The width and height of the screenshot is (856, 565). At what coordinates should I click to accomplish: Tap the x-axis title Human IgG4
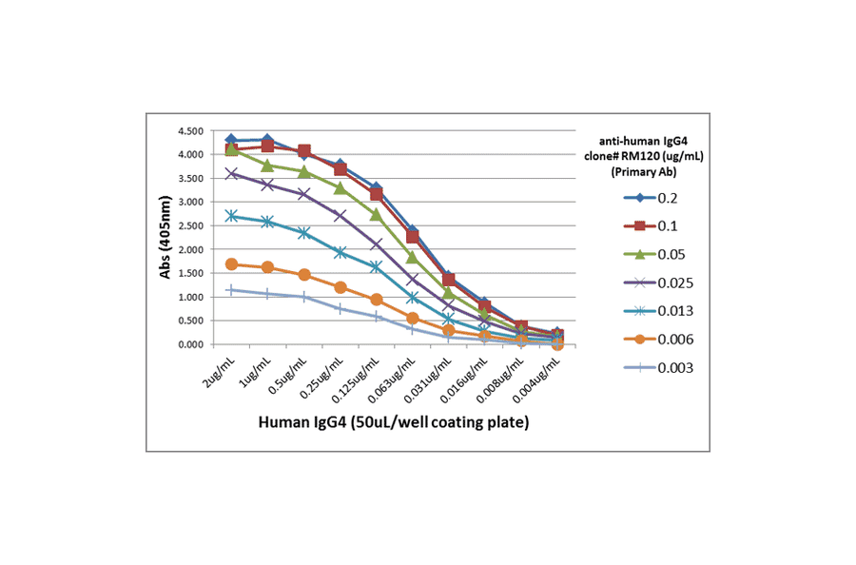pyautogui.click(x=392, y=421)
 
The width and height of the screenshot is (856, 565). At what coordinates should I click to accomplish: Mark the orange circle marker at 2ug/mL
pyautogui.click(x=231, y=264)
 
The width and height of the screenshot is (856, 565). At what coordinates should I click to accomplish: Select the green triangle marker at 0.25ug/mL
pyautogui.click(x=340, y=188)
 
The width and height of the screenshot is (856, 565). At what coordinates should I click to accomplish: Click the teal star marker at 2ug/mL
pyautogui.click(x=231, y=216)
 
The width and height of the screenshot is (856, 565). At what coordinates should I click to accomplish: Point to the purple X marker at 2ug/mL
pyautogui.click(x=231, y=173)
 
